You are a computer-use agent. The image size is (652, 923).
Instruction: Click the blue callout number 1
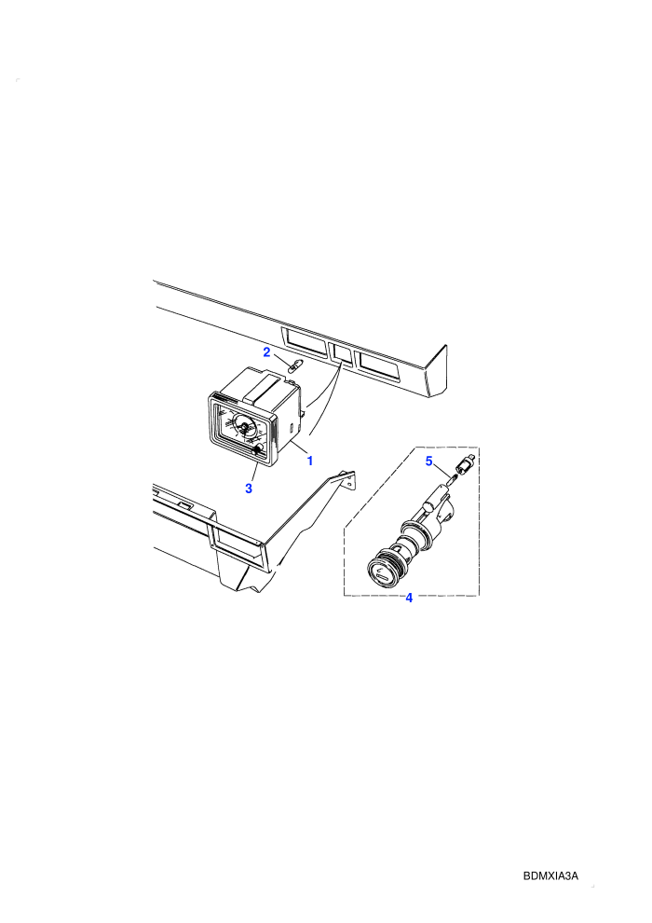point(310,461)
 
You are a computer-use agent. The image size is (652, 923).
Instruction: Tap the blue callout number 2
point(266,352)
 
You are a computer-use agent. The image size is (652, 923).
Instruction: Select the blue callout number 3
point(249,489)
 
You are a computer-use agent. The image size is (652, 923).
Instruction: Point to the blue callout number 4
point(409,598)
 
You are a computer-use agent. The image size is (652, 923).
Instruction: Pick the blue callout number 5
point(429,461)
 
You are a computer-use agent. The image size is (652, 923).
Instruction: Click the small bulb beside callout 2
point(295,367)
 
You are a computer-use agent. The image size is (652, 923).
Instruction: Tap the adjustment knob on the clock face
point(257,450)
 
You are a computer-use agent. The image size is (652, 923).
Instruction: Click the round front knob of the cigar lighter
point(381,572)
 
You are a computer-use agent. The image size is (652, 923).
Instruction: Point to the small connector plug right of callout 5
point(468,464)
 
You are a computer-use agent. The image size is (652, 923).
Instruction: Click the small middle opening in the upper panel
point(342,353)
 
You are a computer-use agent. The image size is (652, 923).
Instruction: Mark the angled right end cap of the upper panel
point(436,371)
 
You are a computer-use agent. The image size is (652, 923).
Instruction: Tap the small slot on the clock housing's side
point(291,425)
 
